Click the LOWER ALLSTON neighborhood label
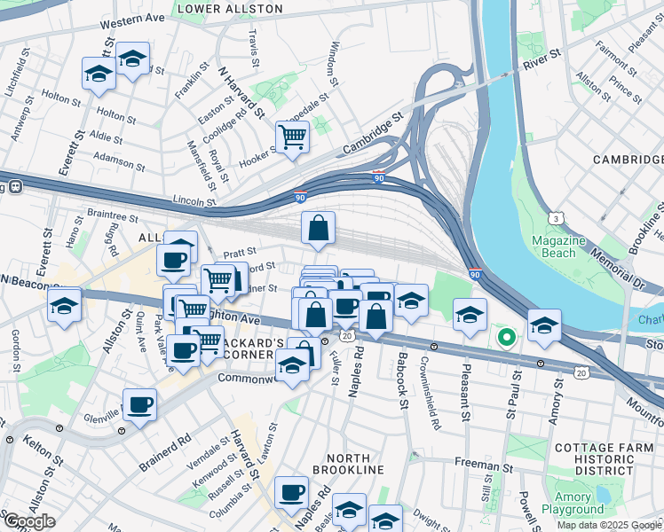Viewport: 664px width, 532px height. [230, 9]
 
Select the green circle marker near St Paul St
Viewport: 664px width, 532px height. [507, 337]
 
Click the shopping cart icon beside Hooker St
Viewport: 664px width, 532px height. [292, 137]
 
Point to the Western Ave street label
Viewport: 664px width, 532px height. [132, 19]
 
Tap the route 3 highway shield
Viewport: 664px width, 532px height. [555, 217]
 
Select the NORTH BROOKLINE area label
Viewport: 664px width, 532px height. [341, 469]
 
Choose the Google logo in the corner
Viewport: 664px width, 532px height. [29, 521]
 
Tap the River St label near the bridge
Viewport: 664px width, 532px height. [542, 59]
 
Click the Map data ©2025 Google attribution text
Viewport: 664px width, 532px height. [609, 525]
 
